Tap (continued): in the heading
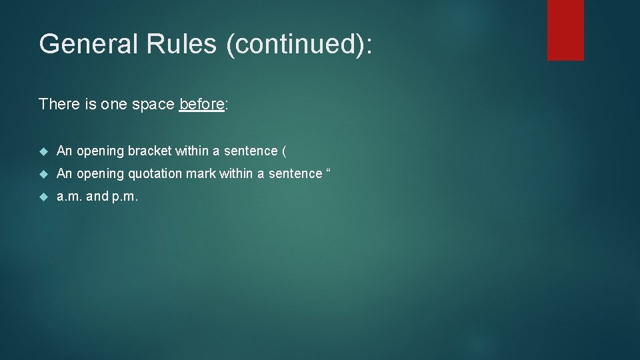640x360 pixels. (x=299, y=45)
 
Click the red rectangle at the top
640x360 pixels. (x=565, y=30)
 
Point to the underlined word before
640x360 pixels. (x=201, y=104)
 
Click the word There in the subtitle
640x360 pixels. (x=57, y=104)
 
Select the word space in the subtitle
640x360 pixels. (x=153, y=104)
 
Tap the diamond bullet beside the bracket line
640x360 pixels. (x=44, y=151)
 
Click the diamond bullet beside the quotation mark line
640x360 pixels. (x=44, y=174)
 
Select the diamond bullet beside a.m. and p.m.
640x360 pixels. (x=44, y=197)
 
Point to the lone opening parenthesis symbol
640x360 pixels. (x=285, y=151)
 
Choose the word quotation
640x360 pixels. (x=160, y=174)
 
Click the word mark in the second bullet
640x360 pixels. (x=207, y=174)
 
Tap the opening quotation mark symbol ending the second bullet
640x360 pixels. (x=328, y=172)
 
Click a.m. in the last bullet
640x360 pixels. (x=70, y=197)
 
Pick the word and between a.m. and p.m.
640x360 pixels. (x=97, y=197)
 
